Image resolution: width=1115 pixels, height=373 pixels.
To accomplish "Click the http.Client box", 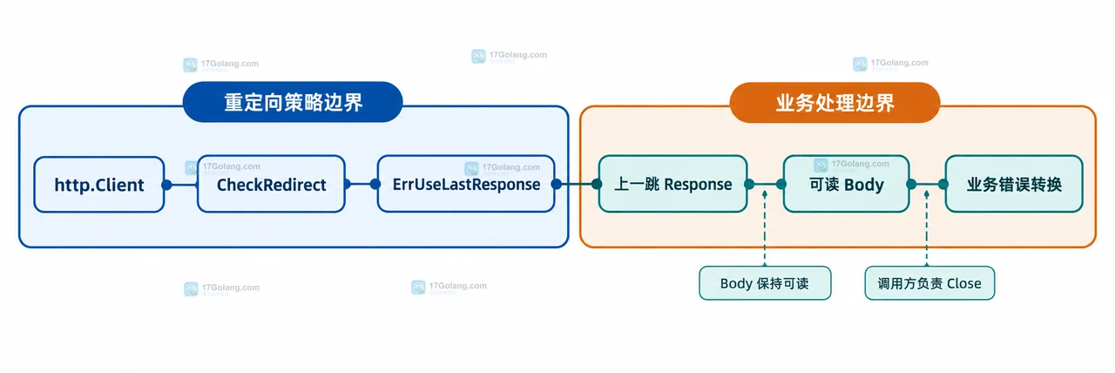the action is pos(99,185).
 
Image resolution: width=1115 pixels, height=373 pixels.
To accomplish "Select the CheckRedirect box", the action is pos(271,184).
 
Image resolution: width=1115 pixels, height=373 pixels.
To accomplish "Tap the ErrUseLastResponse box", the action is pos(466,184).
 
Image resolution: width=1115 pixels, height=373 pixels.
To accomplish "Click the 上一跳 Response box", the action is pos(673,184).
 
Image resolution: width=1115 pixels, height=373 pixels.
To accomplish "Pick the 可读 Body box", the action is pos(846,184).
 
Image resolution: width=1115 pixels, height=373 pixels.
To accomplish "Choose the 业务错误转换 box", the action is pos(1014,184).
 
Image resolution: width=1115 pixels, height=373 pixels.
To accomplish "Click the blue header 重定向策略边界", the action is pos(293,102).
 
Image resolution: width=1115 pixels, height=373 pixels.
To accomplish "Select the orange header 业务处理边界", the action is pos(835,103).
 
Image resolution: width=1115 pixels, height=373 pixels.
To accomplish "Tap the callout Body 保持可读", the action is pos(765,283).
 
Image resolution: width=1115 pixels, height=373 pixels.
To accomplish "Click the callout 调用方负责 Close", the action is pos(929,283).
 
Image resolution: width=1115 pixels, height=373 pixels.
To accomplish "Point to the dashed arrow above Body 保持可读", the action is pos(765,228).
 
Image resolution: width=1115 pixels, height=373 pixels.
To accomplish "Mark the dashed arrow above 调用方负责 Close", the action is pos(926,228).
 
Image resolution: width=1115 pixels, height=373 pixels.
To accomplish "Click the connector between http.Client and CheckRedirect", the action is pos(182,185).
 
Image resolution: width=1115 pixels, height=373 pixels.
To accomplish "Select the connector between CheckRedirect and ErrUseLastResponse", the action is pos(362,184).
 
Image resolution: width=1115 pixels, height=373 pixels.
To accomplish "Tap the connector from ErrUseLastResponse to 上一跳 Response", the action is pos(577,184).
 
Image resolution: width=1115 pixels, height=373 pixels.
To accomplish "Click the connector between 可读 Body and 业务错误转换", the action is pos(928,184).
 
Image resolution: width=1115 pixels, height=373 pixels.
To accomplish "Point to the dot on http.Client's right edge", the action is pos(166,185).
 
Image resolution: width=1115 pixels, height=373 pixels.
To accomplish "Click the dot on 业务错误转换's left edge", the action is pos(943,184).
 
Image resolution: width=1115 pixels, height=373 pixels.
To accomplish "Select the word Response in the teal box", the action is pos(698,185).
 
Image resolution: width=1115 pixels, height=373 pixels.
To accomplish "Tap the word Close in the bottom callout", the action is pos(963,283).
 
